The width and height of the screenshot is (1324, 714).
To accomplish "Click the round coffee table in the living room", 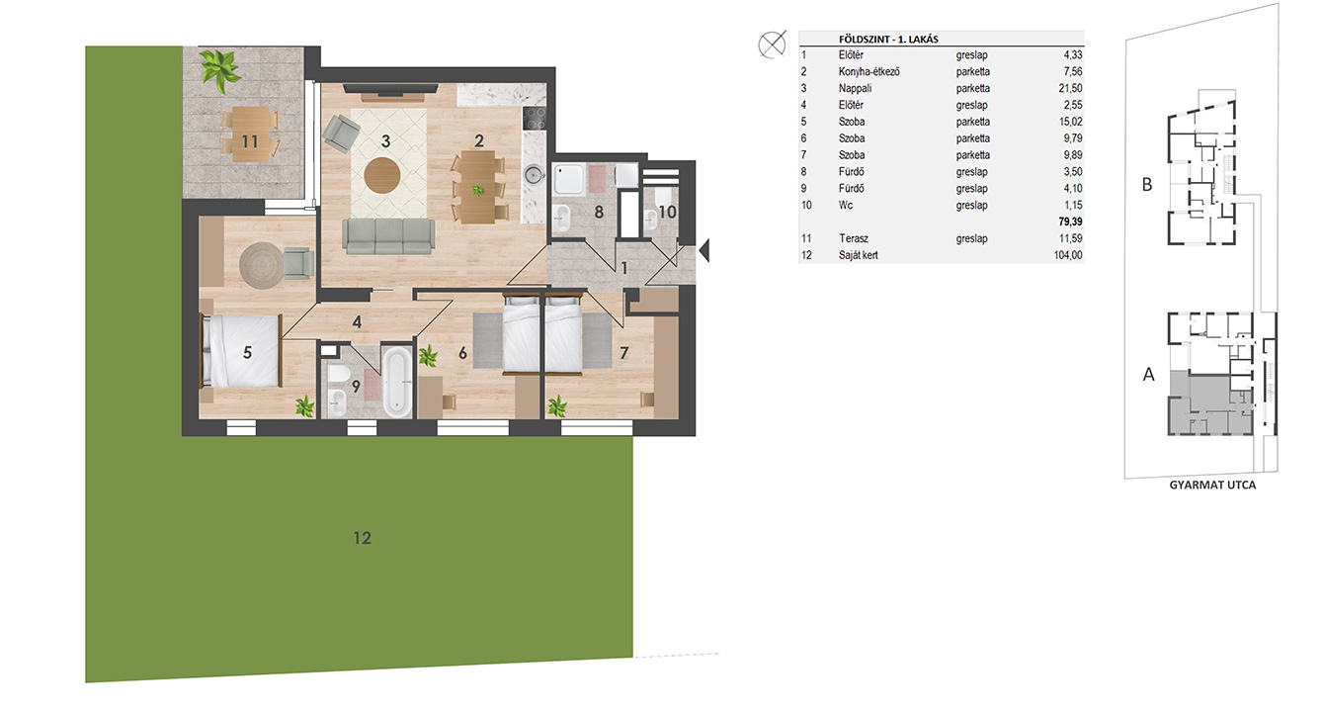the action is tap(381, 175).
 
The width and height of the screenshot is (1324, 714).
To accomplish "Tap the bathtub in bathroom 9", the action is tap(396, 382).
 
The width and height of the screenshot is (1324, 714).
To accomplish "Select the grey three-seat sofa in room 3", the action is tap(388, 236).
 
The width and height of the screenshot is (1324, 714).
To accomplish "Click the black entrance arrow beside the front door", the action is tap(703, 250).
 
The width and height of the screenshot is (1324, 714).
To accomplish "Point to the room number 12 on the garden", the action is tap(362, 538).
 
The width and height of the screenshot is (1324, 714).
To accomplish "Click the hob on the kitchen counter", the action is tap(535, 119).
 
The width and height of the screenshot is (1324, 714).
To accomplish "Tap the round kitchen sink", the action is tap(535, 175).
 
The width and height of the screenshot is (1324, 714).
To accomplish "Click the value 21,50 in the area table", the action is tap(1070, 88).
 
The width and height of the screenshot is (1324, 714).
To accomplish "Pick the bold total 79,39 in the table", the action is tap(1070, 222).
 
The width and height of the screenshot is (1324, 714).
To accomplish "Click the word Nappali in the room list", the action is tap(855, 88).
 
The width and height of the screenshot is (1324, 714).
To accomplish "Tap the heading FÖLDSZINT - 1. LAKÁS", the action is tap(888, 39).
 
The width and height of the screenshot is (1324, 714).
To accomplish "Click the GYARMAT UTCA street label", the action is tap(1212, 486).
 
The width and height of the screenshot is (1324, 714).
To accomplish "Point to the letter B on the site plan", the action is tap(1147, 185).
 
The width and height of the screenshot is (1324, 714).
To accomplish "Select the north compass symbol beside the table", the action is tap(772, 45).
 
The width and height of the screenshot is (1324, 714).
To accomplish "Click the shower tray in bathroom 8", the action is tap(568, 180).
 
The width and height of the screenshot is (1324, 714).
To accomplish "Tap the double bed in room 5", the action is tap(241, 351).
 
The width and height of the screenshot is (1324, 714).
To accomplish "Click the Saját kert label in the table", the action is tap(858, 255).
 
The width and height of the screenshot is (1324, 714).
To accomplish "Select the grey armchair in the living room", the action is tap(341, 134).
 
